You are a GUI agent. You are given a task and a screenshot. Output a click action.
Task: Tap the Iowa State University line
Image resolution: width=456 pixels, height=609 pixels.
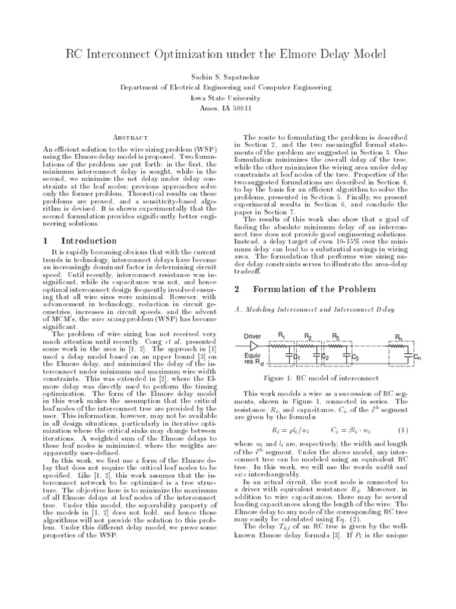pyautogui.click(x=228, y=98)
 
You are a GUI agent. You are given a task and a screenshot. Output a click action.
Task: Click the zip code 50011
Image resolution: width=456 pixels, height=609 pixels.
pyautogui.click(x=242, y=109)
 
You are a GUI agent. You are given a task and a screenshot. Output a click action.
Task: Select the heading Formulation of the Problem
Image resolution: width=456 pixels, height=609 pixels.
pyautogui.click(x=315, y=290)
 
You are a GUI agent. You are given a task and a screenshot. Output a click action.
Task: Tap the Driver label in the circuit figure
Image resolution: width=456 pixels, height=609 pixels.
pyautogui.click(x=252, y=337)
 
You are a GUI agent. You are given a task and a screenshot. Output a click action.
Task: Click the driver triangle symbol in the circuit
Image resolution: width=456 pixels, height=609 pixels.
pyautogui.click(x=254, y=346)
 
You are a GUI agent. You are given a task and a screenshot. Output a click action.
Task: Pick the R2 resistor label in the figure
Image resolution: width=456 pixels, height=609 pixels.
pyautogui.click(x=308, y=337)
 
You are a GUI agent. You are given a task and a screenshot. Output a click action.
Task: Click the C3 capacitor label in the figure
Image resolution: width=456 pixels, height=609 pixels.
pyautogui.click(x=355, y=358)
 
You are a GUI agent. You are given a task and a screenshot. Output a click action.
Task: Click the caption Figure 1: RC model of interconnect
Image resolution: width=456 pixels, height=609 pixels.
pyautogui.click(x=320, y=378)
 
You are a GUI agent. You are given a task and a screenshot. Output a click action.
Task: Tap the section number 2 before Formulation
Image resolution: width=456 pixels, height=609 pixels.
pyautogui.click(x=236, y=290)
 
